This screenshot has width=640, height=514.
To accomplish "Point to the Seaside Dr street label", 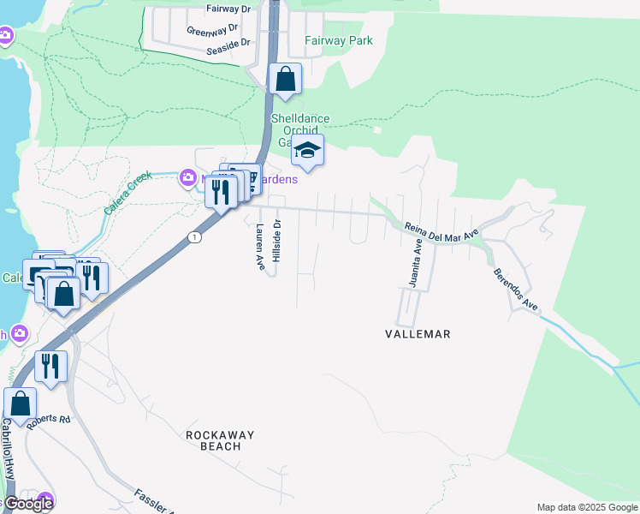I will (x=228, y=42).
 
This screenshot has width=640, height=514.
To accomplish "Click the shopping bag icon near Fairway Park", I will (x=286, y=80).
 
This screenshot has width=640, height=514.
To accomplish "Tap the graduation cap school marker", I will (x=307, y=152).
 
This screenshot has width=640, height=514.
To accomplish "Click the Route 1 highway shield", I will (x=196, y=237).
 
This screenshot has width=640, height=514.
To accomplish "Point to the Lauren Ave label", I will (x=259, y=248).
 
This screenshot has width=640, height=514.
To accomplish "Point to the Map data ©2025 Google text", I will (x=586, y=507).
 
